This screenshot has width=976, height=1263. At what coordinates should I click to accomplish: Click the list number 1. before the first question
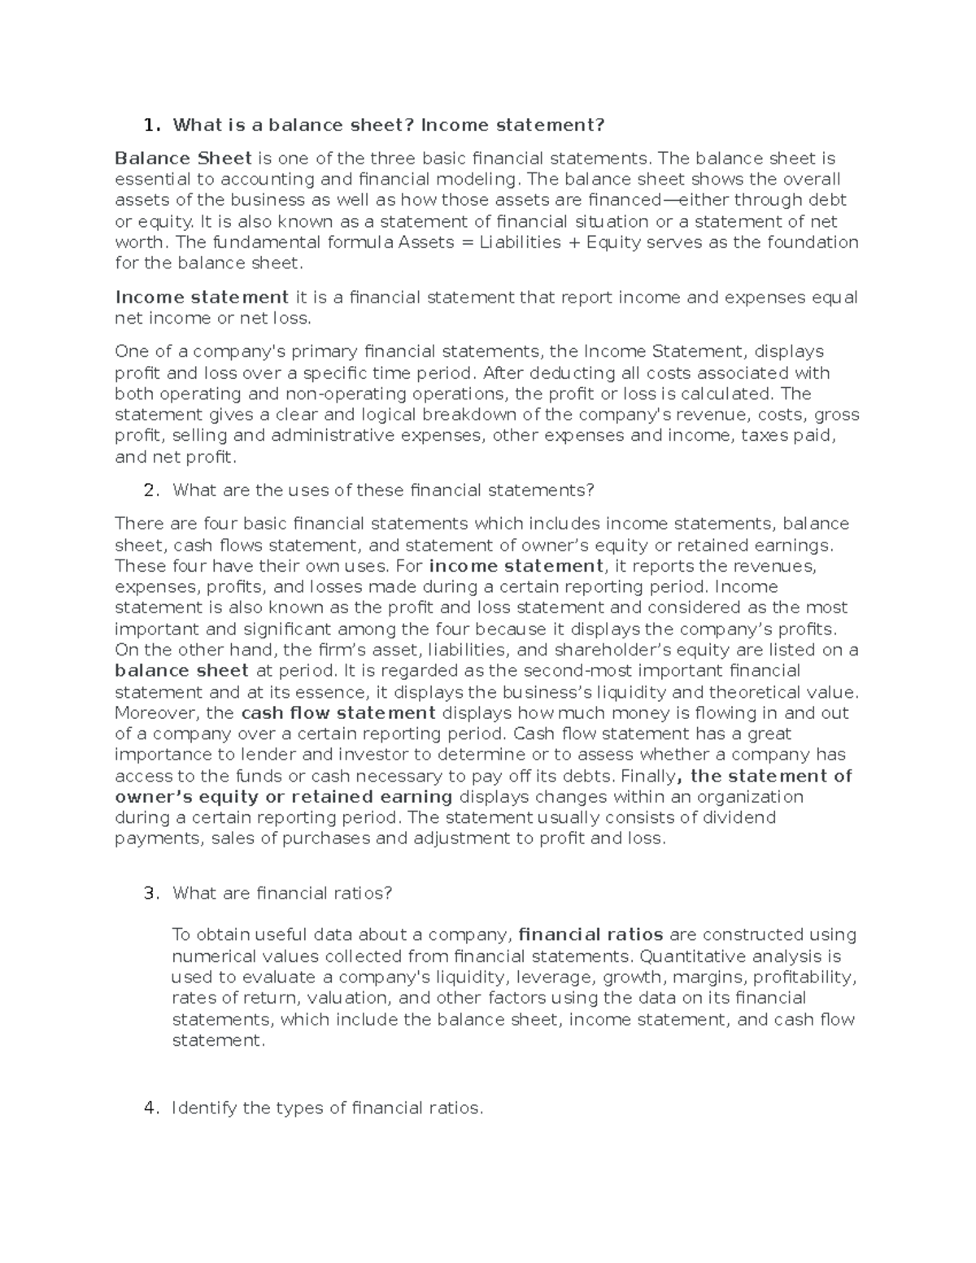[x=151, y=125]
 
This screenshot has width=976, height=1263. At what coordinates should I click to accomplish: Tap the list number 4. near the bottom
[x=150, y=1108]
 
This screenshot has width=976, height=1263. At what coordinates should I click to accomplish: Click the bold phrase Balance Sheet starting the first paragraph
[x=183, y=158]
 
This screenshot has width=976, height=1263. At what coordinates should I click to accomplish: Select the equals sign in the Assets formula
[x=466, y=242]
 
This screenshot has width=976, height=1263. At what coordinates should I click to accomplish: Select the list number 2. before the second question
[x=150, y=490]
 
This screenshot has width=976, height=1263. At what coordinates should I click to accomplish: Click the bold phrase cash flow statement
[x=338, y=713]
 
